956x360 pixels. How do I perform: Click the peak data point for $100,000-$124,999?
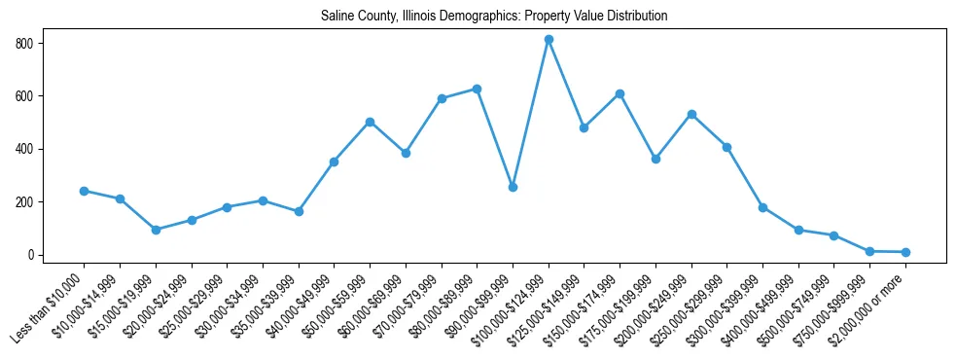(x=549, y=40)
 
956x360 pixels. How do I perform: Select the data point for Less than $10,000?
(x=84, y=191)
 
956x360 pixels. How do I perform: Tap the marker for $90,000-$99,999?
(x=513, y=187)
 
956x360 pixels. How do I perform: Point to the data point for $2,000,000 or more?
(x=905, y=252)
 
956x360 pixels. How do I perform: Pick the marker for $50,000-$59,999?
(x=370, y=122)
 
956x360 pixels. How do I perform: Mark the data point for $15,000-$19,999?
(x=156, y=230)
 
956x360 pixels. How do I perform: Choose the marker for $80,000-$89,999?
(x=477, y=89)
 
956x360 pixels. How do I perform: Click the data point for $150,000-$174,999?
(x=620, y=93)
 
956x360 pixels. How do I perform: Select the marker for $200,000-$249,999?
(x=691, y=114)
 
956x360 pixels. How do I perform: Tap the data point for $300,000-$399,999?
(x=762, y=207)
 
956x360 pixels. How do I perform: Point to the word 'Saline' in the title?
(x=336, y=17)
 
